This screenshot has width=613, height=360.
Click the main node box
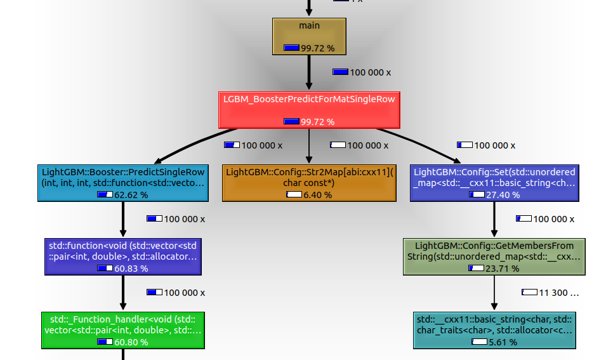coord(309,36)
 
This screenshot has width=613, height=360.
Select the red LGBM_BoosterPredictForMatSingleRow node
coord(309,109)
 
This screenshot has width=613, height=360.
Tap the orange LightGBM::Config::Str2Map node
coord(309,183)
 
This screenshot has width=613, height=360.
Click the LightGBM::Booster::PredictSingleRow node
coord(122,183)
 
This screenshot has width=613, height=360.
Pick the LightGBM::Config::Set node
coord(494,183)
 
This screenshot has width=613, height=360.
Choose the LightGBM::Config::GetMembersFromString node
coord(494,257)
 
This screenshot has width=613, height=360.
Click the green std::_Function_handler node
coord(123,330)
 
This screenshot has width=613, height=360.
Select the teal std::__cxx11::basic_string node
coord(494,330)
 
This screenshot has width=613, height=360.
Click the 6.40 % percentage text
coord(317,195)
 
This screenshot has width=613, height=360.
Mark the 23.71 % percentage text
coord(502,269)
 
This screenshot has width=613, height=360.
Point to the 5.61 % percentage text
coord(503,342)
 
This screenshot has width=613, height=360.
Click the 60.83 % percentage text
coord(131,269)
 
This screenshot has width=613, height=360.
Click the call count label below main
coord(367,72)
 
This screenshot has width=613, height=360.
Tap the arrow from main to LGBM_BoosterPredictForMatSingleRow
coord(309,72)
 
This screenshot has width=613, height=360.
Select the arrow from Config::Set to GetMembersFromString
coord(494,220)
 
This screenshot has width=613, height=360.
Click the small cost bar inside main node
coord(291,48)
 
